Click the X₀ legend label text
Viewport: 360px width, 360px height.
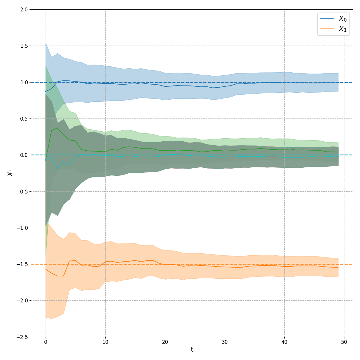[342, 19]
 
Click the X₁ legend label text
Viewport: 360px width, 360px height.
[342, 29]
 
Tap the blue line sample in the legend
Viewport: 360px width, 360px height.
[327, 19]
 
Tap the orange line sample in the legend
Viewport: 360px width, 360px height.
[327, 28]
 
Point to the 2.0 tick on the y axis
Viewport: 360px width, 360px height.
[24, 10]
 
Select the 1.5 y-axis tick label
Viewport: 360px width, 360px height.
[24, 46]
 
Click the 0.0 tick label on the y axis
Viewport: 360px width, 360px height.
[24, 155]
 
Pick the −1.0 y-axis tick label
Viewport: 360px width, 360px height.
[22, 228]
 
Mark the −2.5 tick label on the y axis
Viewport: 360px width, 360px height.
[22, 337]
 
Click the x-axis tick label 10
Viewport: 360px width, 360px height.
[105, 342]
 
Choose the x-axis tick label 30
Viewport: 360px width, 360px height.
[225, 342]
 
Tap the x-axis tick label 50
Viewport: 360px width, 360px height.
[344, 342]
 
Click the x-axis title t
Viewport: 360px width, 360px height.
[192, 349]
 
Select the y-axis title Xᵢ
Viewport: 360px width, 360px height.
[10, 173]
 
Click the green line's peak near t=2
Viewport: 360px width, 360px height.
[58, 128]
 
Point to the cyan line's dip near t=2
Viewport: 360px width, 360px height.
[58, 169]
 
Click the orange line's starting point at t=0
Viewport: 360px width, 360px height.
[46, 269]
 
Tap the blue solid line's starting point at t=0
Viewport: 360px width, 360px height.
[46, 91]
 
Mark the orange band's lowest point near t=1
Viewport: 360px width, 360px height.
[52, 318]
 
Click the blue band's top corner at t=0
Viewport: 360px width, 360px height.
[46, 43]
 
